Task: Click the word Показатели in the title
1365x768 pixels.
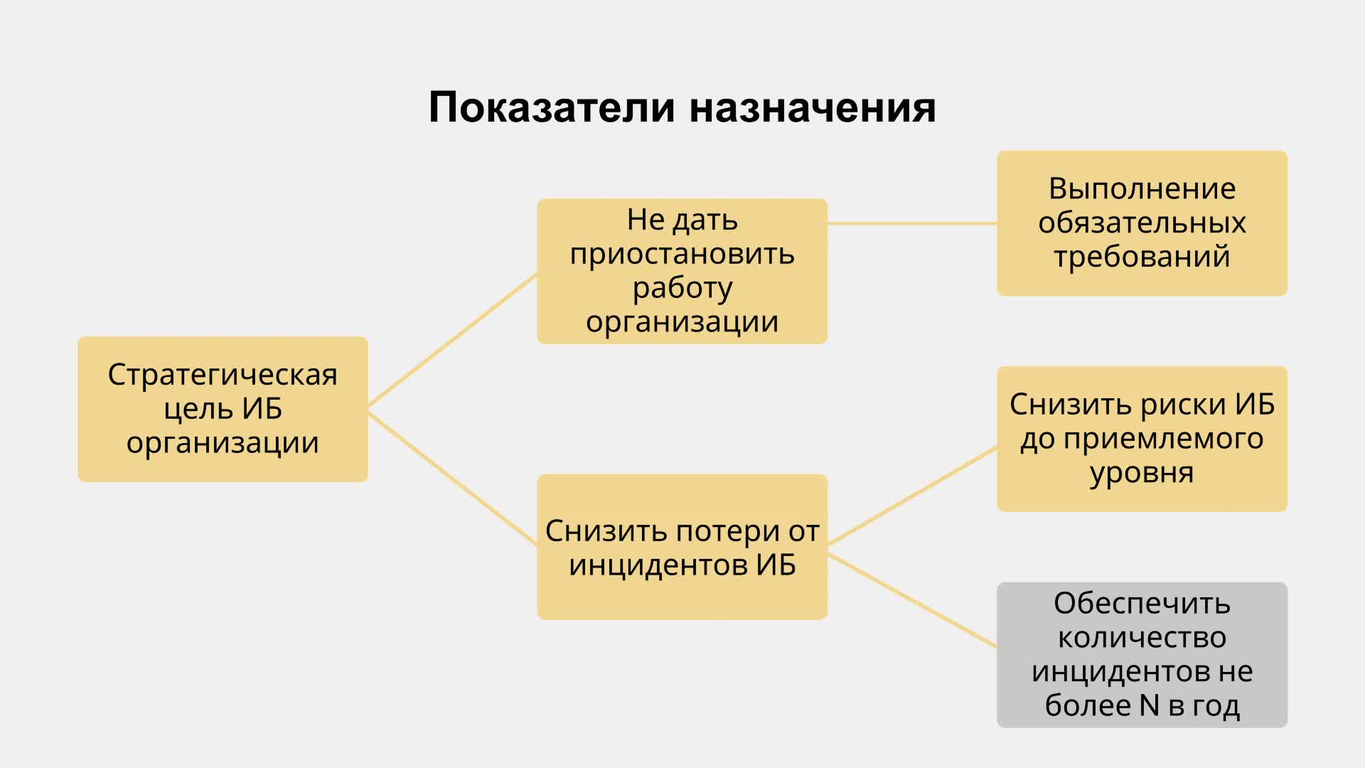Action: tap(552, 107)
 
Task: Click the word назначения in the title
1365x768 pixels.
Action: tap(813, 109)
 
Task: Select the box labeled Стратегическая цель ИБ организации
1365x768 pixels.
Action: tap(223, 409)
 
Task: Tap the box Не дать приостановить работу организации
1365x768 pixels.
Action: tap(682, 271)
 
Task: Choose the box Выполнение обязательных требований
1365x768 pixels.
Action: tap(1142, 223)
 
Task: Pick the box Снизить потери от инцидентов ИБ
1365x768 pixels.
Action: tap(682, 547)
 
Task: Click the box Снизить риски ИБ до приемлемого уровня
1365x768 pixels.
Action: tap(1142, 439)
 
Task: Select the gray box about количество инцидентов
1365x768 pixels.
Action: tap(1142, 655)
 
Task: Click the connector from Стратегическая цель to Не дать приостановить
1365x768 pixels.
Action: tap(452, 340)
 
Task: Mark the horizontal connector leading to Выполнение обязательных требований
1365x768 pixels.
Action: tap(912, 223)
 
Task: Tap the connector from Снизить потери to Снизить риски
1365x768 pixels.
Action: tap(912, 496)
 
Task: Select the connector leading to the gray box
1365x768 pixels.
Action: tap(912, 600)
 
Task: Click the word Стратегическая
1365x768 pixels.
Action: tap(223, 375)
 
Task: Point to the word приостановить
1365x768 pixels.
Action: tap(682, 255)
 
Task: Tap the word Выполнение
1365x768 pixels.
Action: tap(1142, 189)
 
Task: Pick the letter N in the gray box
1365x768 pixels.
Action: tap(1149, 705)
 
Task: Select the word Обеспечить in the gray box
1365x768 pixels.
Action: tap(1142, 604)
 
